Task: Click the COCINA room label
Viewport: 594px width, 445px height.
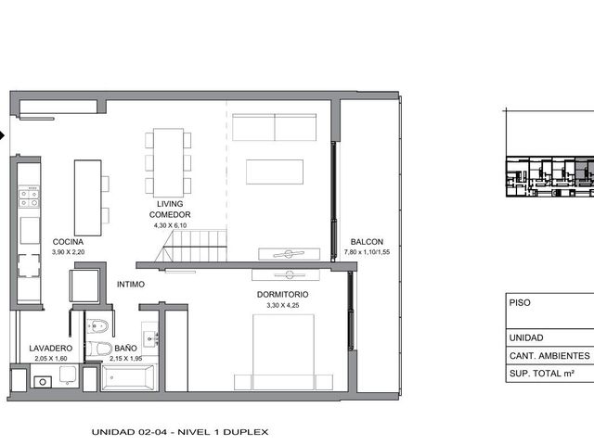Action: tap(68, 242)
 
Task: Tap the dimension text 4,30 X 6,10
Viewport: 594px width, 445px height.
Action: tap(170, 225)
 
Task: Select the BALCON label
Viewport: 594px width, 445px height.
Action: tap(367, 242)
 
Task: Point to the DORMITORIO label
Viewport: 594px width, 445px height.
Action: tap(282, 295)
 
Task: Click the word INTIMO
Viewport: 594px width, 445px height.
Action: tap(131, 285)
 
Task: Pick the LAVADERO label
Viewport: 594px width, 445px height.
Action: tap(51, 349)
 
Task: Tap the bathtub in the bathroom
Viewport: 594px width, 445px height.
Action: tap(129, 377)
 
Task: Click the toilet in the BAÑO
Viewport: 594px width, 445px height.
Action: tap(98, 349)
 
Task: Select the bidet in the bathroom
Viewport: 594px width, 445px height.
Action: tap(97, 325)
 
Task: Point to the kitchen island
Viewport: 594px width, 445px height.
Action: tap(88, 197)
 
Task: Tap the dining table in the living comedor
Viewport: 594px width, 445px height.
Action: tap(168, 163)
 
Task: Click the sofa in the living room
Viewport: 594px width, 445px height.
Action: tap(275, 127)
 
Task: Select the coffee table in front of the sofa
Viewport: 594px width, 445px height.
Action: tap(275, 172)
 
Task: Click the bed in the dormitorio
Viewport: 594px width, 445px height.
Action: tap(283, 352)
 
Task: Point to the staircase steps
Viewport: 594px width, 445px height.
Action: tap(191, 246)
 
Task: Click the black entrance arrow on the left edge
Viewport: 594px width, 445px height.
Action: tap(2, 135)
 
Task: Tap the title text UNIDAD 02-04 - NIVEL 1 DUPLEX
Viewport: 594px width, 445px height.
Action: tap(180, 432)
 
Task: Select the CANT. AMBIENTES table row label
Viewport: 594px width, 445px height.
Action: tap(549, 356)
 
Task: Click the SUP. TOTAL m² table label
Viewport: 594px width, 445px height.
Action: tap(542, 374)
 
